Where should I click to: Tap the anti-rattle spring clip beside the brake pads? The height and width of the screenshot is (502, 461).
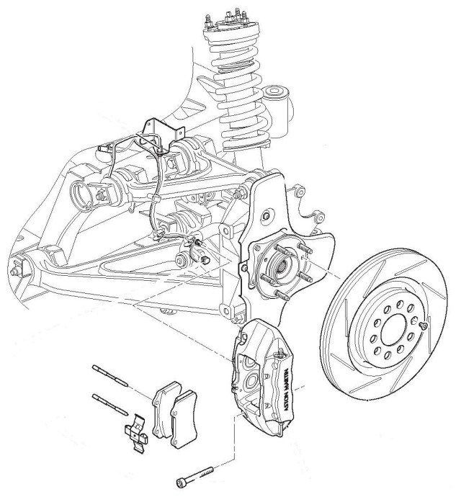tap(134, 433)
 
